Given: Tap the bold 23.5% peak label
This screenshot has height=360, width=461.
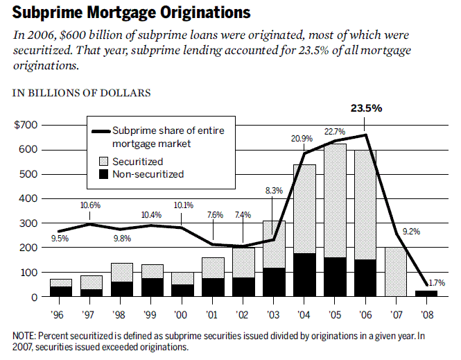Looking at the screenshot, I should [x=366, y=108].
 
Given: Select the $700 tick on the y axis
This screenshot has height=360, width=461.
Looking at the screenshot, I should [x=26, y=125].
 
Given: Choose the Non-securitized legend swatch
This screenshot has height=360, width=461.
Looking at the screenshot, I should [x=101, y=174].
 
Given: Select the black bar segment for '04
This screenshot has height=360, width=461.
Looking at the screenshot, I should [x=304, y=275].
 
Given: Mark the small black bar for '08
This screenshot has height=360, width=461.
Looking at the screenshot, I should [x=426, y=293].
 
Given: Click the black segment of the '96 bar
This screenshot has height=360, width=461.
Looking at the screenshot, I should [x=60, y=291].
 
